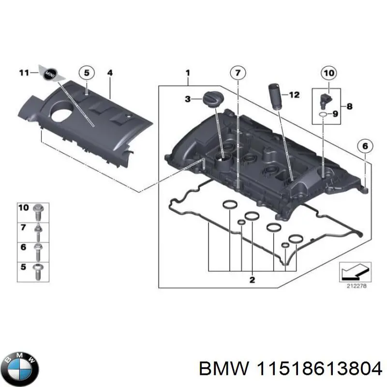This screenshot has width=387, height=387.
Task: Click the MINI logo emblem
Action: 49,73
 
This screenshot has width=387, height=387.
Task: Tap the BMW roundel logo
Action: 20,363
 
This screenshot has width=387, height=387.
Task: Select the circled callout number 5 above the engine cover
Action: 86,73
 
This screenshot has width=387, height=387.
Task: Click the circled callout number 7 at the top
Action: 237,73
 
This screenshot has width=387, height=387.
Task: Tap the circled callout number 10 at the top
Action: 328,73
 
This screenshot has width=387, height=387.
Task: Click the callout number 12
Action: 295,95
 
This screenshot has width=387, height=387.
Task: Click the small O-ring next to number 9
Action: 323,114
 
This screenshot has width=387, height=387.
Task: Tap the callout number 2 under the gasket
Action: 252,280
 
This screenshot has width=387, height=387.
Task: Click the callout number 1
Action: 188,73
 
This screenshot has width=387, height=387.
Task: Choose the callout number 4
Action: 110,73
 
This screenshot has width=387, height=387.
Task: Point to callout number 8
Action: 350,105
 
